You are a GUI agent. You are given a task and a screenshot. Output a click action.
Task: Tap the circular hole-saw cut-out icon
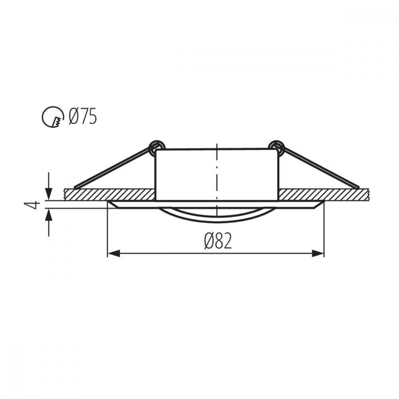[53, 117]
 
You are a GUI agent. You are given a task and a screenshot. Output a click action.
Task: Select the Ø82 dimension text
[218, 241]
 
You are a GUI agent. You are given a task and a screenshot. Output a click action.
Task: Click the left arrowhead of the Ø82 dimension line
[113, 253]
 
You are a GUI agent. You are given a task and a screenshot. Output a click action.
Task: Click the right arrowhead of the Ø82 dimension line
[318, 253]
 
